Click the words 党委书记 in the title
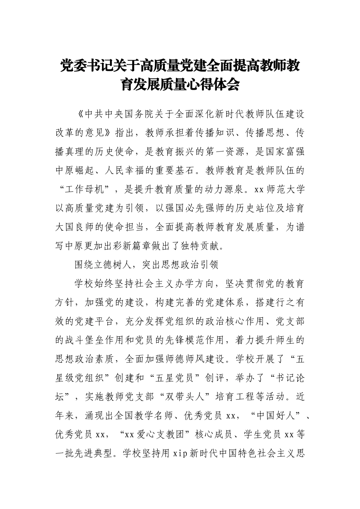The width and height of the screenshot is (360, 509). [x=81, y=67]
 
